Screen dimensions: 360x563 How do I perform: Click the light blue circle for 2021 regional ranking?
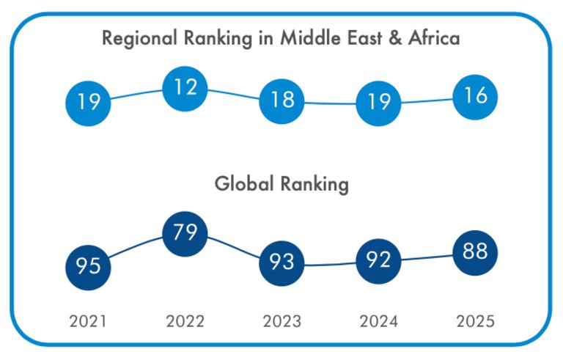(88, 101)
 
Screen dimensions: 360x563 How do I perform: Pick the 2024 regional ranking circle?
(378, 103)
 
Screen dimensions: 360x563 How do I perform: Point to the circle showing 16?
(475, 96)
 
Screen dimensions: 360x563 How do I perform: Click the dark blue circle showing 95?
(88, 265)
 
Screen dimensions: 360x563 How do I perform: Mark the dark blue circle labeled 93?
(281, 262)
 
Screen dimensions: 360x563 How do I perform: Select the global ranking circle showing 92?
(378, 260)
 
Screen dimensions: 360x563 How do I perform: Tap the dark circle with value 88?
(475, 252)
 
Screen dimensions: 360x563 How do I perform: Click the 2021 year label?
(88, 321)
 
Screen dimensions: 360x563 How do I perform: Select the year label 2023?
(281, 321)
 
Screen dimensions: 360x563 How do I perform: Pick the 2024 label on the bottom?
(378, 321)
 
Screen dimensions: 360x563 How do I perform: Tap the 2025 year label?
(475, 321)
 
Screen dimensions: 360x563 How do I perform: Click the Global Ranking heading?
(281, 185)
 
